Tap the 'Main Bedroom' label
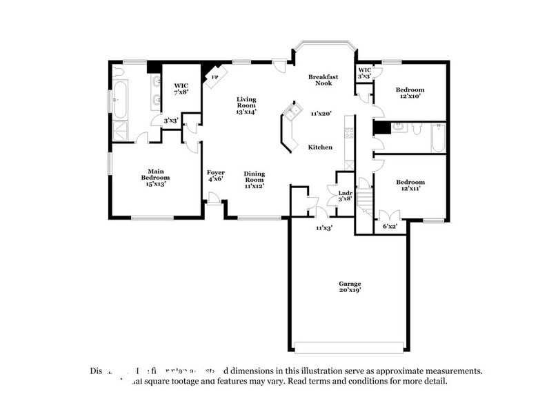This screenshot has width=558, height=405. [155, 177]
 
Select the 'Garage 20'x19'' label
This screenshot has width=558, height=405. [349, 287]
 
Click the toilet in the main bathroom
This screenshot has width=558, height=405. [119, 72]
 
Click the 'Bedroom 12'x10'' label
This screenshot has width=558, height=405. [410, 93]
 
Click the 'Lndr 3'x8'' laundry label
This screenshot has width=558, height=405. [345, 196]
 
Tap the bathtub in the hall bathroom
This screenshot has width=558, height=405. [439, 138]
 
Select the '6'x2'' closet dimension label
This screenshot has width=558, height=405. [390, 226]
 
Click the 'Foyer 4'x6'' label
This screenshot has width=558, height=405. [215, 176]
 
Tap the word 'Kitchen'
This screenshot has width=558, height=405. [320, 147]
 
